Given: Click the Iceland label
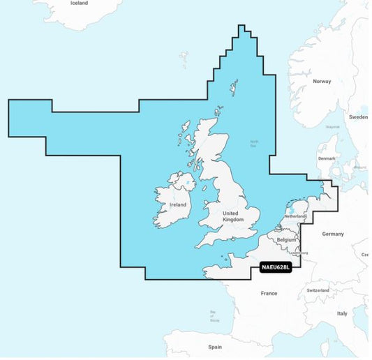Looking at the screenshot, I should tap(79, 3).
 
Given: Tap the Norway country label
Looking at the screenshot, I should tap(322, 82).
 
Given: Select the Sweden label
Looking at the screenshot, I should tap(358, 117).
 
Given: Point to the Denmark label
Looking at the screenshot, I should tap(327, 158).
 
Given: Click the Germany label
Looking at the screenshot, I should tap(333, 234).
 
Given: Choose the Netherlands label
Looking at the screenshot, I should tap(296, 216).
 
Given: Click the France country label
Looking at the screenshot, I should tap(269, 293).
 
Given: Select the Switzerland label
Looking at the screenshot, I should tap(318, 290).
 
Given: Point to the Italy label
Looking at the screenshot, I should tap(342, 313).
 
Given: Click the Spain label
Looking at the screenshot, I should tap(214, 346).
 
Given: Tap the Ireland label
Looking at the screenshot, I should tap(178, 205).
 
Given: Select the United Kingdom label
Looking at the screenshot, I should tap(232, 216).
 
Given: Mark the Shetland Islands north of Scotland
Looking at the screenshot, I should tap(232, 89).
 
